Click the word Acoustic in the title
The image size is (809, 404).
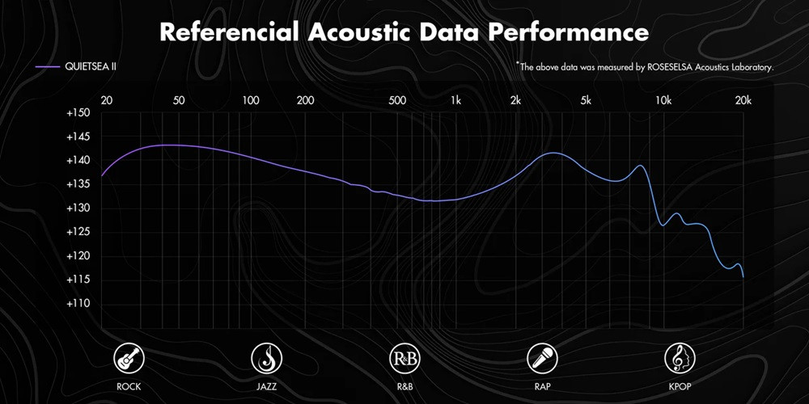pyautogui.click(x=358, y=32)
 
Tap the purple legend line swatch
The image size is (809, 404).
pyautogui.click(x=48, y=68)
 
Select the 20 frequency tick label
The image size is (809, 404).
pyautogui.click(x=106, y=100)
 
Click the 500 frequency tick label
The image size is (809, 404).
pyautogui.click(x=397, y=100)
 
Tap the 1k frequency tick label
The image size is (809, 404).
pyautogui.click(x=455, y=100)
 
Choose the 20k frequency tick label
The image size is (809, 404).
pyautogui.click(x=743, y=100)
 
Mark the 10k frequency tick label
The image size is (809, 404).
pyautogui.click(x=663, y=100)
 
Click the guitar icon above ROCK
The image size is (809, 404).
pyautogui.click(x=129, y=358)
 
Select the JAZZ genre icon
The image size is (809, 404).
pyautogui.click(x=267, y=358)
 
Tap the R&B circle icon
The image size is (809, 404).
pyautogui.click(x=404, y=358)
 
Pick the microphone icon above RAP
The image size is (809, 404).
pyautogui.click(x=542, y=358)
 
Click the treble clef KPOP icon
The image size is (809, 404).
pyautogui.click(x=680, y=358)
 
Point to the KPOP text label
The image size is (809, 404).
pyautogui.click(x=680, y=386)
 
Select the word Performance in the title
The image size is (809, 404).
pyautogui.click(x=569, y=32)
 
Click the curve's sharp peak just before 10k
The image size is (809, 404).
pyautogui.click(x=640, y=166)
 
